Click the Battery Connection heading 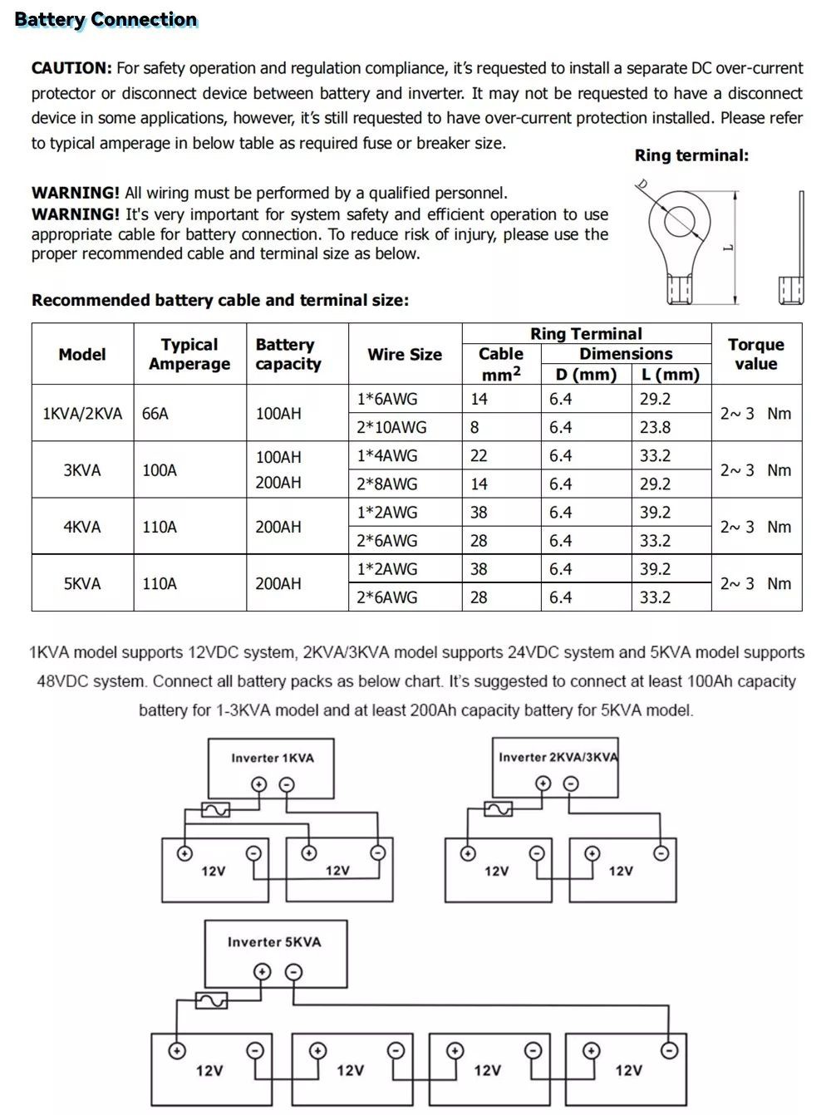106,19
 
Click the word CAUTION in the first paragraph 71,68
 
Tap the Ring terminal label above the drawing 691,155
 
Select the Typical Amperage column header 189,354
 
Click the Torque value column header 755,354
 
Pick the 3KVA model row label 82,470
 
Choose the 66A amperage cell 155,414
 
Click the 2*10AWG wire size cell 391,428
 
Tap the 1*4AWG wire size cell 387,456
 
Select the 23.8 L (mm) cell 655,428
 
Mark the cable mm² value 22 479,456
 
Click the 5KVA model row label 82,584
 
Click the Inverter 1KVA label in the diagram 273,758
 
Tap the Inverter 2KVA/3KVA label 558,757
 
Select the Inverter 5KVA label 274,942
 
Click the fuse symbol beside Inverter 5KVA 211,1001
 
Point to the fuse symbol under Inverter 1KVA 215,809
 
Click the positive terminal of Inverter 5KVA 262,972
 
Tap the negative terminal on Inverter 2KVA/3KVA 571,783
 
